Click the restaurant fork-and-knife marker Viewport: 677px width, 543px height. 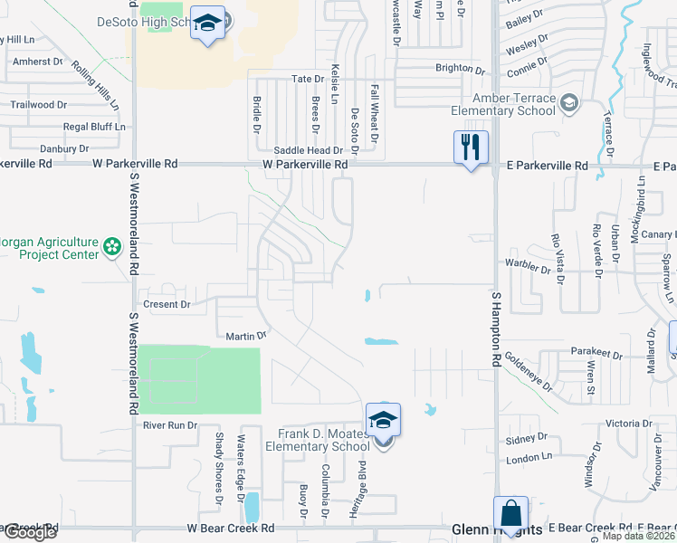tap(471, 146)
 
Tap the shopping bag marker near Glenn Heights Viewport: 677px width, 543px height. tap(511, 512)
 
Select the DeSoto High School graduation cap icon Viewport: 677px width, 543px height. tap(208, 24)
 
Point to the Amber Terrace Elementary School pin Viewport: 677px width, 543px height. tap(569, 104)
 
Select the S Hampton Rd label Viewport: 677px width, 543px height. tap(496, 329)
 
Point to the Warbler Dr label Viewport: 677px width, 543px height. tap(529, 268)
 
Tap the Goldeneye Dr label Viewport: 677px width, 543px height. tap(528, 371)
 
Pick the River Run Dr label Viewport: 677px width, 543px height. tap(169, 424)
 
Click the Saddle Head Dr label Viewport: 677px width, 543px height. tap(308, 150)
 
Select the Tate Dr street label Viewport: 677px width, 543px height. tap(301, 80)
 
